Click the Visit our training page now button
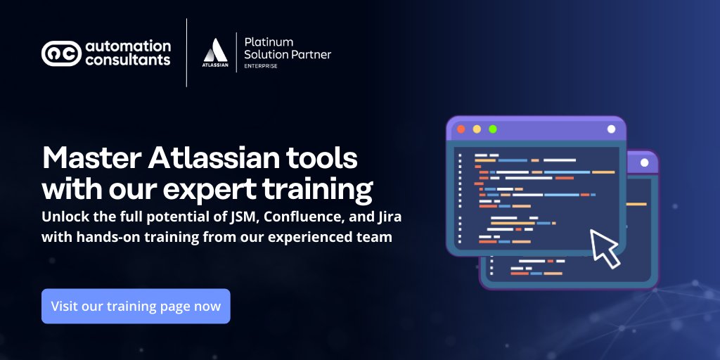(136, 307)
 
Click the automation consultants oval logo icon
(61, 53)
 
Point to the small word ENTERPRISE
(261, 66)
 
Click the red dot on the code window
(461, 129)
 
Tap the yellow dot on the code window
(477, 129)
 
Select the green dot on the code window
(493, 129)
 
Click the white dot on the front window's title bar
(611, 129)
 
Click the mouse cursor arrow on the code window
(604, 247)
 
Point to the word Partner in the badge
(312, 54)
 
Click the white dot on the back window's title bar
(644, 162)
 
